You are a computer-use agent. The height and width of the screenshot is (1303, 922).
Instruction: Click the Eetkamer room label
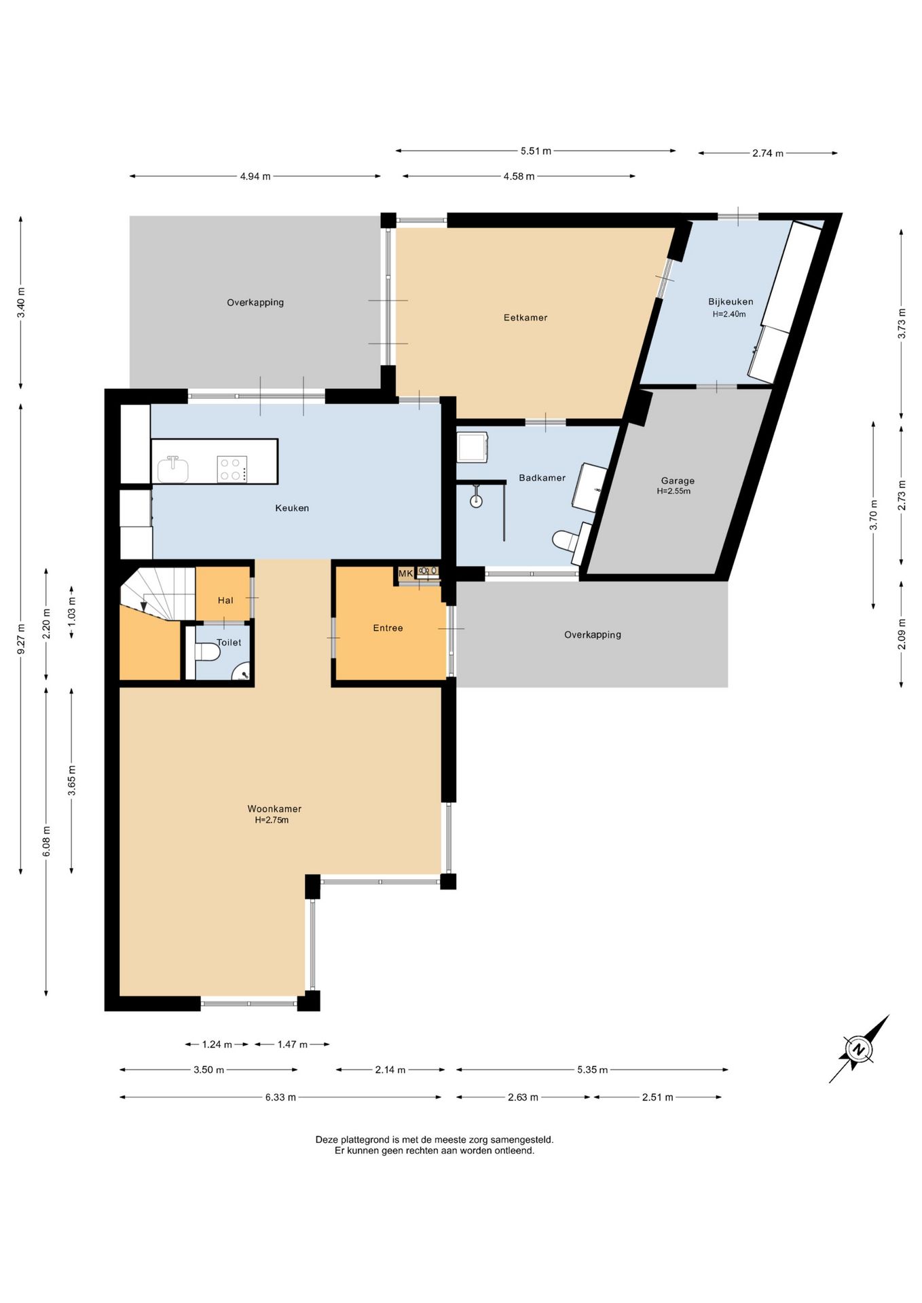pyautogui.click(x=525, y=318)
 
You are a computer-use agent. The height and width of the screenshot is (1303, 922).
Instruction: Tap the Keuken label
pyautogui.click(x=292, y=508)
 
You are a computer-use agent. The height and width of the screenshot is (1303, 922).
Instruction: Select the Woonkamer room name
pyautogui.click(x=274, y=809)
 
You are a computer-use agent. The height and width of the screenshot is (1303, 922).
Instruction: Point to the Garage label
pyautogui.click(x=678, y=480)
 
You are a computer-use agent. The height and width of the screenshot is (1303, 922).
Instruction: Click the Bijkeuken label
pyautogui.click(x=731, y=302)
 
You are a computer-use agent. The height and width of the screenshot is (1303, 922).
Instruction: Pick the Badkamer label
pyautogui.click(x=542, y=478)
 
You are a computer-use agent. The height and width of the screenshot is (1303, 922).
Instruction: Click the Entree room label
pyautogui.click(x=388, y=628)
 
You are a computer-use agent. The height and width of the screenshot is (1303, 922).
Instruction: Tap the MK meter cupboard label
pyautogui.click(x=405, y=573)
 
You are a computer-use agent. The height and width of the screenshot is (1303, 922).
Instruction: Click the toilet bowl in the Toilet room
pyautogui.click(x=207, y=652)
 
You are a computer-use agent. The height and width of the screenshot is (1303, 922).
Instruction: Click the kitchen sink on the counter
pyautogui.click(x=173, y=469)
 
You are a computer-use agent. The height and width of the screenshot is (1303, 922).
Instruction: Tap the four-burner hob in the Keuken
pyautogui.click(x=232, y=469)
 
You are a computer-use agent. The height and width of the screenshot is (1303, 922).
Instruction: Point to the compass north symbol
pyautogui.click(x=859, y=1049)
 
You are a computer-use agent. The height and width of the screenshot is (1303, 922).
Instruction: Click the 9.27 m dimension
pyautogui.click(x=21, y=639)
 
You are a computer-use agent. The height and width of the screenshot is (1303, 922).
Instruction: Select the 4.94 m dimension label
pyautogui.click(x=255, y=176)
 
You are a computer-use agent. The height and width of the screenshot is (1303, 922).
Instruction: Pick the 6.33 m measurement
pyautogui.click(x=280, y=1097)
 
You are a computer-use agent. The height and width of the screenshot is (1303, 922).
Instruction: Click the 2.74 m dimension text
pyautogui.click(x=767, y=153)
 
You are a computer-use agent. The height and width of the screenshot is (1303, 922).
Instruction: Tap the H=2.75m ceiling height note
pyautogui.click(x=272, y=820)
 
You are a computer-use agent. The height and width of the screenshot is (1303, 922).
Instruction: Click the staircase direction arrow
pyautogui.click(x=143, y=606)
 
